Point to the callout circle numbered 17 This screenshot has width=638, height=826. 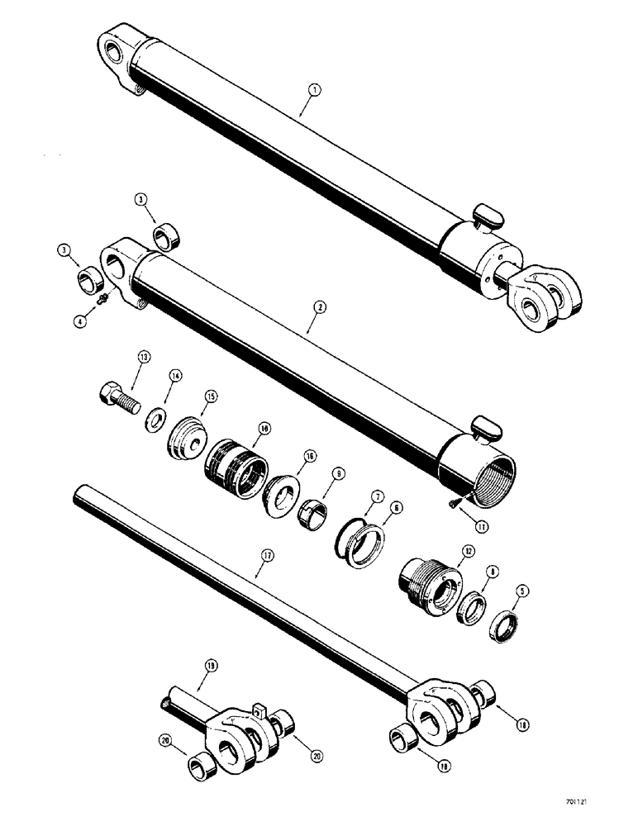point(265,558)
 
